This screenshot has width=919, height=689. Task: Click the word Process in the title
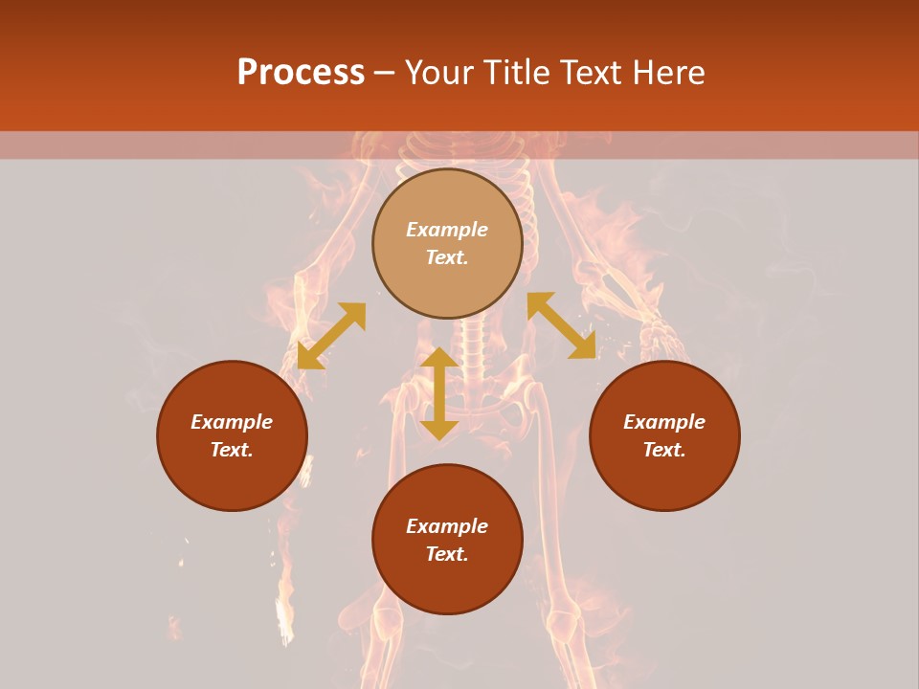[301, 73]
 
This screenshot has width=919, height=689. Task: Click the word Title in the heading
[518, 73]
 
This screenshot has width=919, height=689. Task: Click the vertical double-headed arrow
[439, 393]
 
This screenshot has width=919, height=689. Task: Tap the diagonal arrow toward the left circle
[331, 336]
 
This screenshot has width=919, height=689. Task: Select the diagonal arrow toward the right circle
[561, 325]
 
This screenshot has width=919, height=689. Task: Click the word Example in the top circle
[447, 230]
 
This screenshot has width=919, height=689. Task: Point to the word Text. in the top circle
[447, 257]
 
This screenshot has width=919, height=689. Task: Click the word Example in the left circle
[232, 422]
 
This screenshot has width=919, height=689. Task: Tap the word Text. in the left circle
[232, 450]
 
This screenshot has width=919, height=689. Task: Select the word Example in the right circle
[664, 422]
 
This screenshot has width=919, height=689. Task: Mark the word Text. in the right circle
[664, 450]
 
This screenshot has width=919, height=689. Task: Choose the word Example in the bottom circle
[447, 526]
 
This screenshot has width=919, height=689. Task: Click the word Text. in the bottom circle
[447, 554]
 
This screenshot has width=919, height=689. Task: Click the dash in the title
[385, 74]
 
